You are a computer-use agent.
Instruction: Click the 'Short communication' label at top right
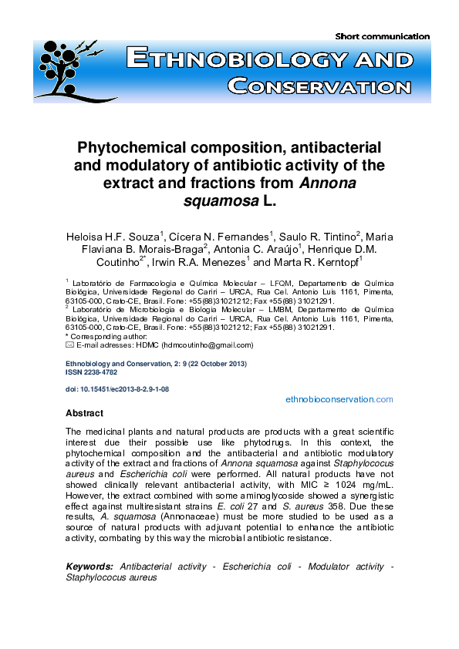click(x=383, y=36)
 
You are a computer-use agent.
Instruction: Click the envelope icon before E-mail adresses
click(x=69, y=345)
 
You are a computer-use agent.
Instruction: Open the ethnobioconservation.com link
click(x=339, y=399)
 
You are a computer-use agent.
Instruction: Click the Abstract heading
click(x=84, y=413)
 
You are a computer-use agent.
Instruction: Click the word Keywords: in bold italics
click(x=89, y=567)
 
